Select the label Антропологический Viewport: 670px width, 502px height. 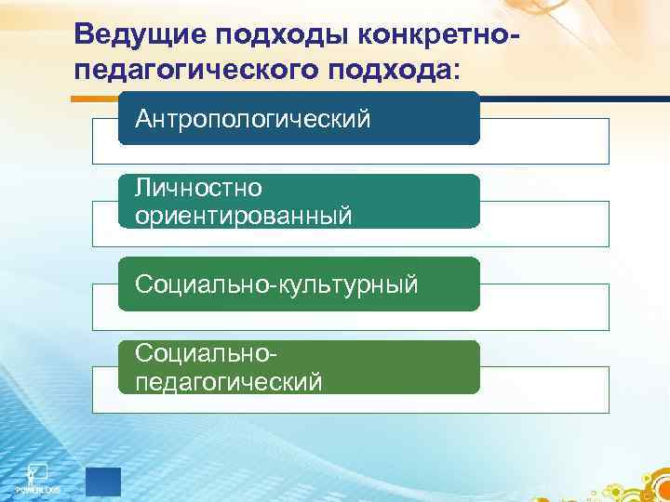pyautogui.click(x=253, y=119)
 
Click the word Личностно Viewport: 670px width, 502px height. pyautogui.click(x=198, y=189)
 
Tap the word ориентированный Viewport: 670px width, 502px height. pyautogui.click(x=244, y=216)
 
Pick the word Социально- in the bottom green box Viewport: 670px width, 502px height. pyautogui.click(x=207, y=354)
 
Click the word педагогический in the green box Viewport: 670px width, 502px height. pyautogui.click(x=229, y=381)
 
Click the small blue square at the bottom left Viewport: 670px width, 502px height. pyautogui.click(x=102, y=480)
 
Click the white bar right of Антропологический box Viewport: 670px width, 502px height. pyautogui.click(x=544, y=141)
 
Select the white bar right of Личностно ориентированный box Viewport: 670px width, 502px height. pyautogui.click(x=544, y=224)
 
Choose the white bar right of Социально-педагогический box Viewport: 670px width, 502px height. pyautogui.click(x=544, y=390)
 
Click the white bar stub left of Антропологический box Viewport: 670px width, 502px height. pyautogui.click(x=104, y=141)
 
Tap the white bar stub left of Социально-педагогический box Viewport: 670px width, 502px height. pyautogui.click(x=104, y=390)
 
